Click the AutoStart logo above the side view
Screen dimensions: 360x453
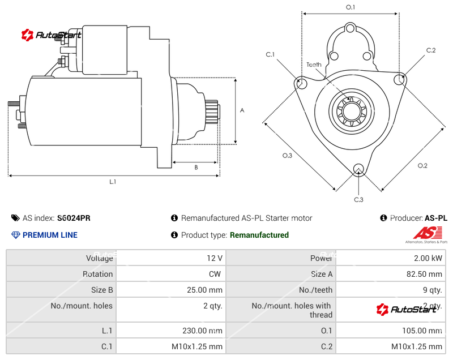pyautogui.click(x=52, y=35)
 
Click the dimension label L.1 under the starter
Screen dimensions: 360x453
pyautogui.click(x=113, y=182)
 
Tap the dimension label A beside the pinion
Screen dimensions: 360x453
pyautogui.click(x=242, y=110)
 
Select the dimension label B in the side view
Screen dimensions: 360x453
pyautogui.click(x=196, y=167)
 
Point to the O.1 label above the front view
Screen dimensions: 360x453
pyautogui.click(x=350, y=7)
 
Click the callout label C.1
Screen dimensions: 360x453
pyautogui.click(x=270, y=54)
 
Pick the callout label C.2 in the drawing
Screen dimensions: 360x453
pyautogui.click(x=431, y=50)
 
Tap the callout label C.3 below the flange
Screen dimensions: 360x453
pyautogui.click(x=358, y=199)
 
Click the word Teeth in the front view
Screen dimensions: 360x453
pyautogui.click(x=314, y=65)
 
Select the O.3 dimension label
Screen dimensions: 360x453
pyautogui.click(x=287, y=156)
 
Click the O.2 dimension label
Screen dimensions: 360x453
pyautogui.click(x=422, y=165)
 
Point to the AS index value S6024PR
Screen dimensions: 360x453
pyautogui.click(x=74, y=218)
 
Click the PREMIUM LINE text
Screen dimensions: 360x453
pyautogui.click(x=50, y=235)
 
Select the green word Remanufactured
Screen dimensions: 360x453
pyautogui.click(x=259, y=235)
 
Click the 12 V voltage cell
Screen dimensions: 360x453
pyautogui.click(x=215, y=258)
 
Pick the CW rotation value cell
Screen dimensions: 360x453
pyautogui.click(x=217, y=274)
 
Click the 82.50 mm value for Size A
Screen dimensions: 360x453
pyautogui.click(x=425, y=274)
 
